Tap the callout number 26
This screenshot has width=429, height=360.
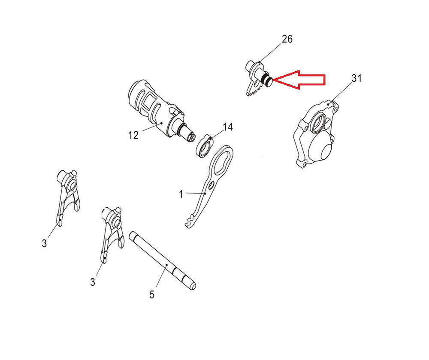[x=287, y=39]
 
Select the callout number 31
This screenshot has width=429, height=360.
[x=356, y=79]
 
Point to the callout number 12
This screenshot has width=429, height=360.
[x=133, y=135]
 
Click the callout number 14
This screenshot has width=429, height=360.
[x=228, y=127]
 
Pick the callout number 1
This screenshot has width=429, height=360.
[x=181, y=194]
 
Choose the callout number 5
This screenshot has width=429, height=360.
[x=152, y=294]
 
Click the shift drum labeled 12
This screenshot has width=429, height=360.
[x=161, y=111]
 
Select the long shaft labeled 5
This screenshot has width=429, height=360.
[x=163, y=261]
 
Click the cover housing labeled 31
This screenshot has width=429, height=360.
[x=318, y=134]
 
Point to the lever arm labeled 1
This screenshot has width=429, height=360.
[x=209, y=187]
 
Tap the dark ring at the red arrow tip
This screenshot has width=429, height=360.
[x=268, y=80]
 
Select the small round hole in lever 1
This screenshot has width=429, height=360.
[x=211, y=186]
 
